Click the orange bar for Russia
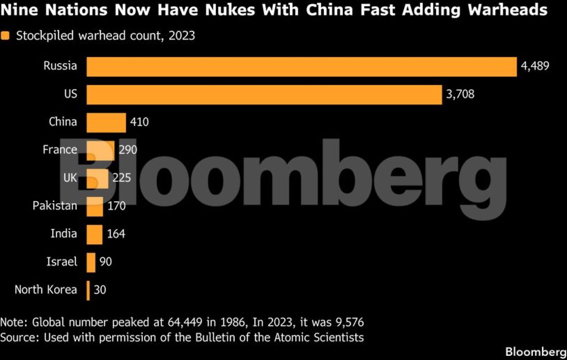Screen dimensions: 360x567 coord(301,67)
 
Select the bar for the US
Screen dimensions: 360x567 coord(264,95)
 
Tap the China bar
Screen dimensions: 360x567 coord(106,122)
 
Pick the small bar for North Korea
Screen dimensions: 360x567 coord(88,290)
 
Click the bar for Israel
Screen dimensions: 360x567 coord(91,262)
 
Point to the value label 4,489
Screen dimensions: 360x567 coord(535,66)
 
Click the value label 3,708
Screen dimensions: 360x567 coord(460,94)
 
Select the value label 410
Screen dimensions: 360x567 coord(139,122)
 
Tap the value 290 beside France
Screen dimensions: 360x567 coord(128,150)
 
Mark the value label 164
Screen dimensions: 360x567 coord(116,234)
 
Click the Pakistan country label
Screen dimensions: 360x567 coord(55,206)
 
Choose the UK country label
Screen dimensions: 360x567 coord(70,178)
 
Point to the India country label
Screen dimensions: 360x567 coord(64,234)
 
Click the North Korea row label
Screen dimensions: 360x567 coord(46,290)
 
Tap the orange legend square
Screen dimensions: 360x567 coord(5,36)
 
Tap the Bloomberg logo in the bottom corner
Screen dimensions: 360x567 coord(536,352)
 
